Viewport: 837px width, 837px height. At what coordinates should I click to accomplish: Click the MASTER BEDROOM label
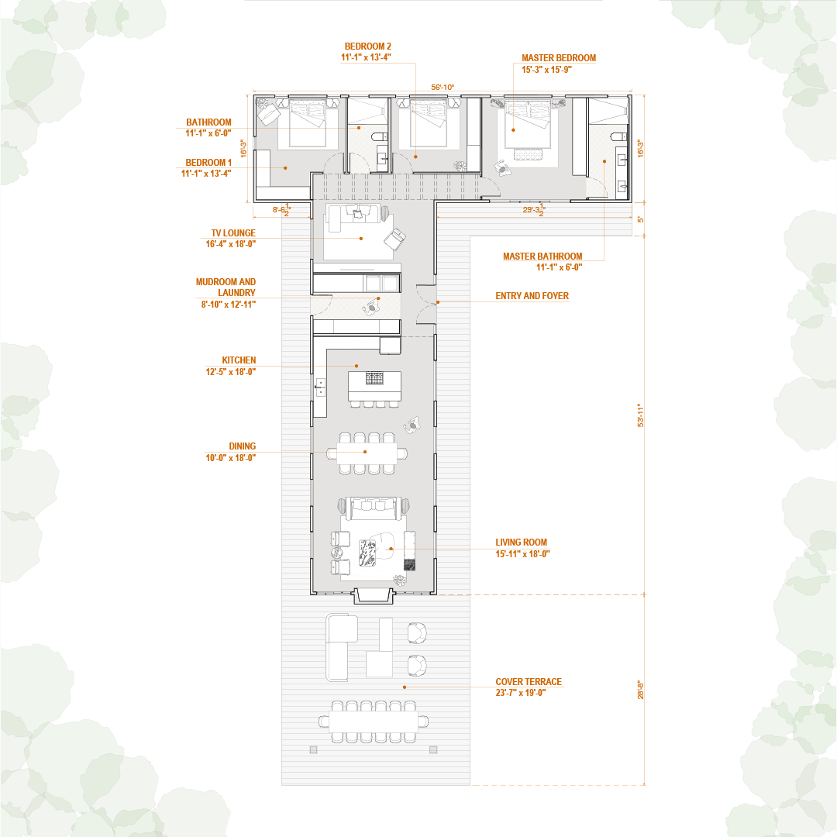558,58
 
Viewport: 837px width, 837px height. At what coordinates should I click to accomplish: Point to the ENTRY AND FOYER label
532,296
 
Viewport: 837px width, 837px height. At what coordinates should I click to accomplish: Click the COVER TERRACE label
529,682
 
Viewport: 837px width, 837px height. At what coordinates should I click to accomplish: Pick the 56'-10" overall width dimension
443,88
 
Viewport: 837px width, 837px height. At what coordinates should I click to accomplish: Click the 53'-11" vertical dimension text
640,415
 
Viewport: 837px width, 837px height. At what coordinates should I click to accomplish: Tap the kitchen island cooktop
375,379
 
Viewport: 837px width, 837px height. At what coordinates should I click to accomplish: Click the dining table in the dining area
367,453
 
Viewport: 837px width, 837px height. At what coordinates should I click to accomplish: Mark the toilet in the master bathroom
618,138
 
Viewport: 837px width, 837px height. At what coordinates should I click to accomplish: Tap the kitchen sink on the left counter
319,387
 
